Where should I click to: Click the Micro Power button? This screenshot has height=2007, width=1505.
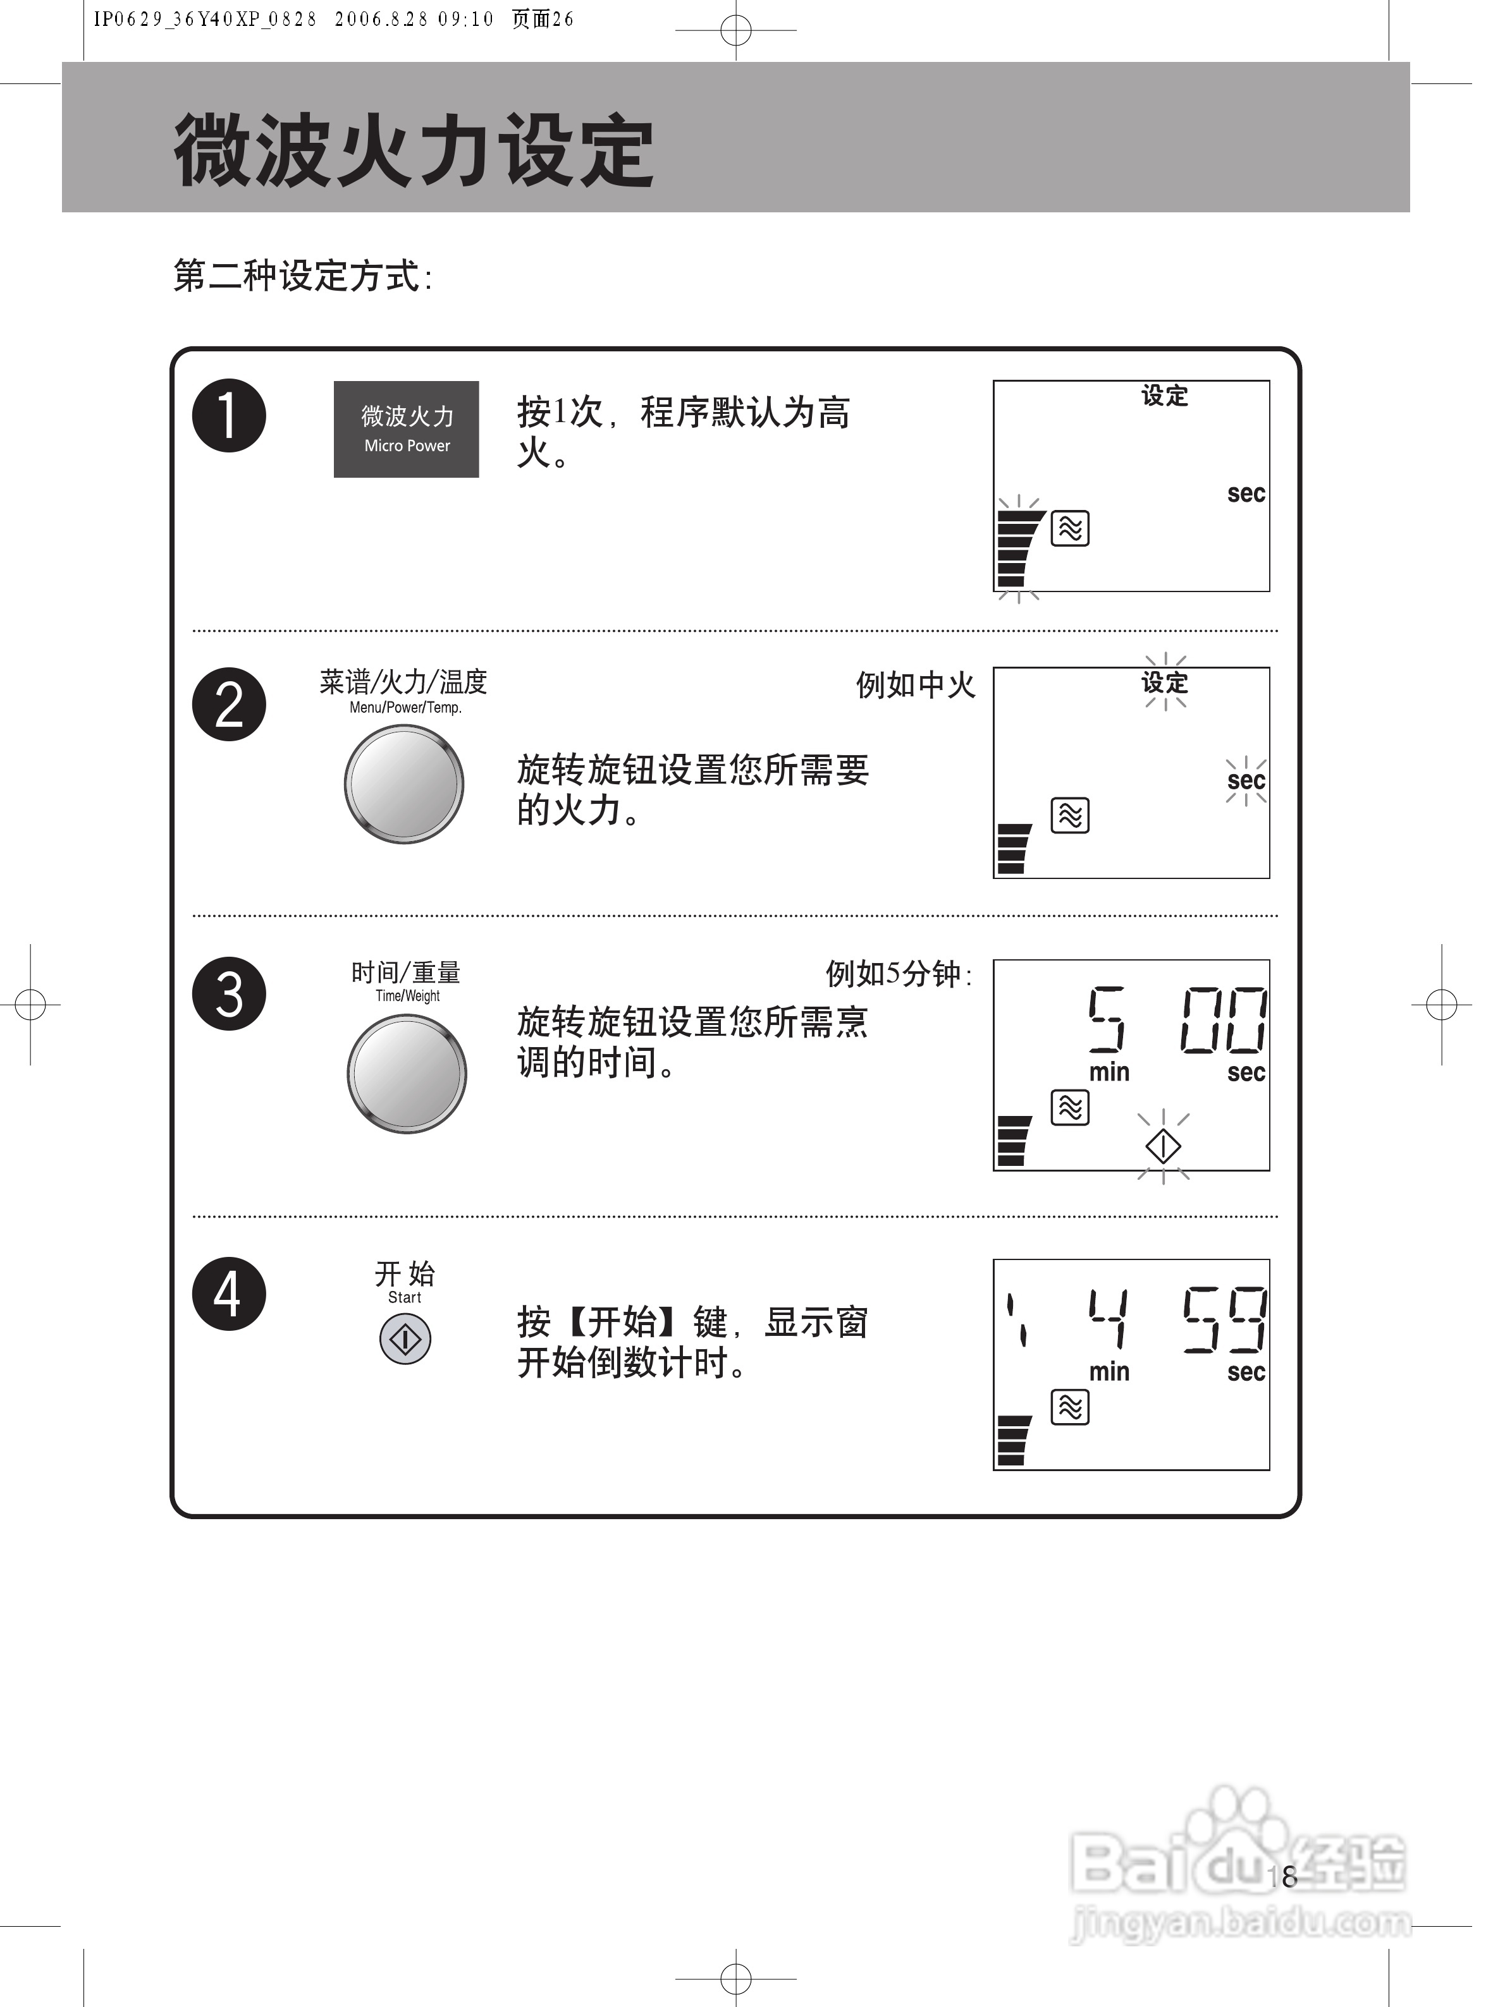point(406,429)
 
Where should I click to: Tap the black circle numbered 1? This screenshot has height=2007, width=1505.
point(229,416)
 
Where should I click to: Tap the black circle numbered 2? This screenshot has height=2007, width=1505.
point(229,704)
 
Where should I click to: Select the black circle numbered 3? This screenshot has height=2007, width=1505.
point(229,993)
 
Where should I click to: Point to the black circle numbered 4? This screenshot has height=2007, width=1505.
point(229,1293)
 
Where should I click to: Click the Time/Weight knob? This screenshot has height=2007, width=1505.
point(407,1074)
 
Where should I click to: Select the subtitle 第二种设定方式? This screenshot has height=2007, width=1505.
point(302,276)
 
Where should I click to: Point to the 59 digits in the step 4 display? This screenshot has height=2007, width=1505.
point(1224,1319)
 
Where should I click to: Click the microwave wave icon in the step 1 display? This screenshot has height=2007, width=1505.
point(1070,528)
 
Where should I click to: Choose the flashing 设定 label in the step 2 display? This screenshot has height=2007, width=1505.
point(1165,682)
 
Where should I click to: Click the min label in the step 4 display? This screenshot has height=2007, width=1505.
point(1109,1372)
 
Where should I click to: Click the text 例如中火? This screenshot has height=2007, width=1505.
point(915,685)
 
